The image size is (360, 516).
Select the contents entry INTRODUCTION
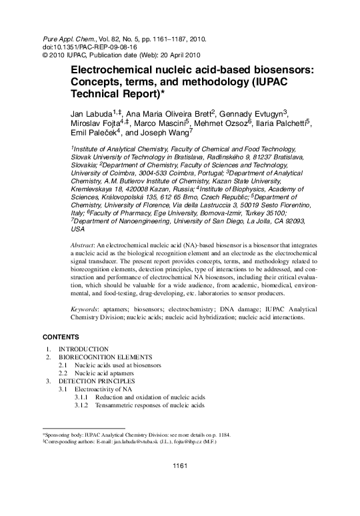coord(83,349)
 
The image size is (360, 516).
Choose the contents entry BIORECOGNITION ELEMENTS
coord(105,357)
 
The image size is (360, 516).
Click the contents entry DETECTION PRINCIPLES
coord(97,381)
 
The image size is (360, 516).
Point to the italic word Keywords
coord(85,310)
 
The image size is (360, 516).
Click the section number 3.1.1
coord(81,397)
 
